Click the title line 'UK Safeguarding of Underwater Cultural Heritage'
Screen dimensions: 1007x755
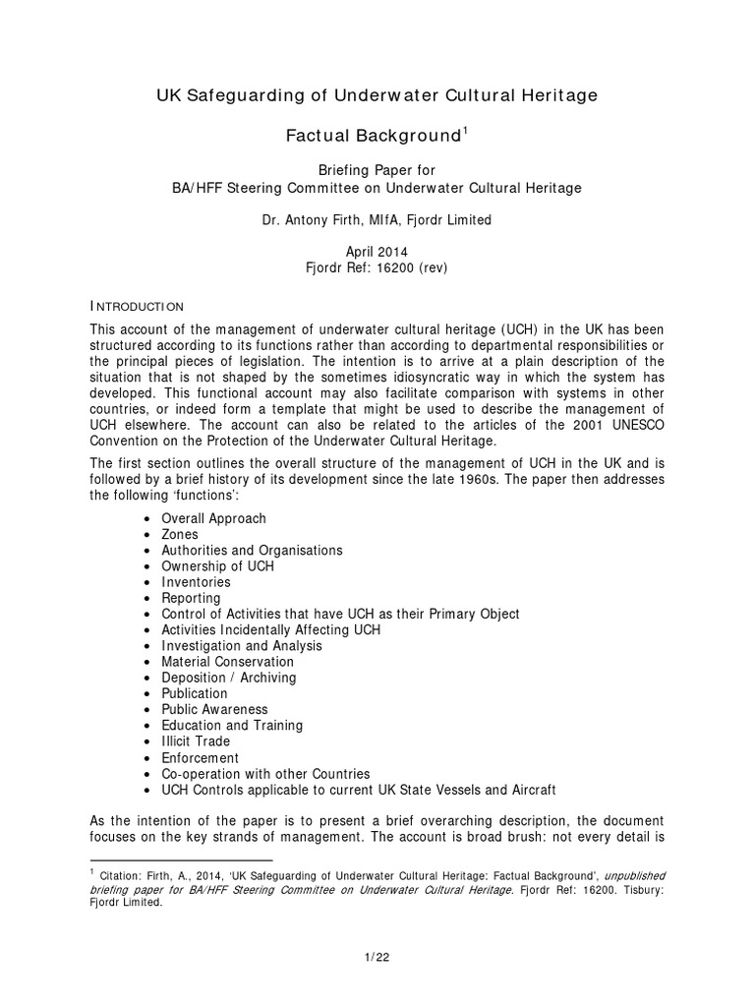click(x=377, y=95)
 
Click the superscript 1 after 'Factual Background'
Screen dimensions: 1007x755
click(x=465, y=129)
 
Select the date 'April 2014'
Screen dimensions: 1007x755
click(x=377, y=252)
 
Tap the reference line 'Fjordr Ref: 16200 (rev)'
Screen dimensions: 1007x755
click(x=377, y=267)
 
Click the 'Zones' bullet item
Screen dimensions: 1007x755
click(x=180, y=534)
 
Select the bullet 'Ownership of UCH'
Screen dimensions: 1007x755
click(x=218, y=566)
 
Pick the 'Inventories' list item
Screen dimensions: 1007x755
click(x=197, y=582)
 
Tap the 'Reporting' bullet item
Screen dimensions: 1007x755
click(x=191, y=598)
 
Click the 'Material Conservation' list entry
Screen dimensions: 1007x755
click(x=228, y=662)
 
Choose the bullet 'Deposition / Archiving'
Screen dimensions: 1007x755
click(x=228, y=678)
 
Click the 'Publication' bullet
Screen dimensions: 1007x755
click(x=195, y=693)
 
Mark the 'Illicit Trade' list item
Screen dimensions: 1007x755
click(x=196, y=741)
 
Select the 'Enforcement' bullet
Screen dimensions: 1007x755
click(x=200, y=758)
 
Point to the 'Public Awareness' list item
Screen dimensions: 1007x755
click(x=214, y=709)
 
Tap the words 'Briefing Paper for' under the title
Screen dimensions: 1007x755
click(x=377, y=170)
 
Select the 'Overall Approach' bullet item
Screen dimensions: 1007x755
click(x=213, y=518)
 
